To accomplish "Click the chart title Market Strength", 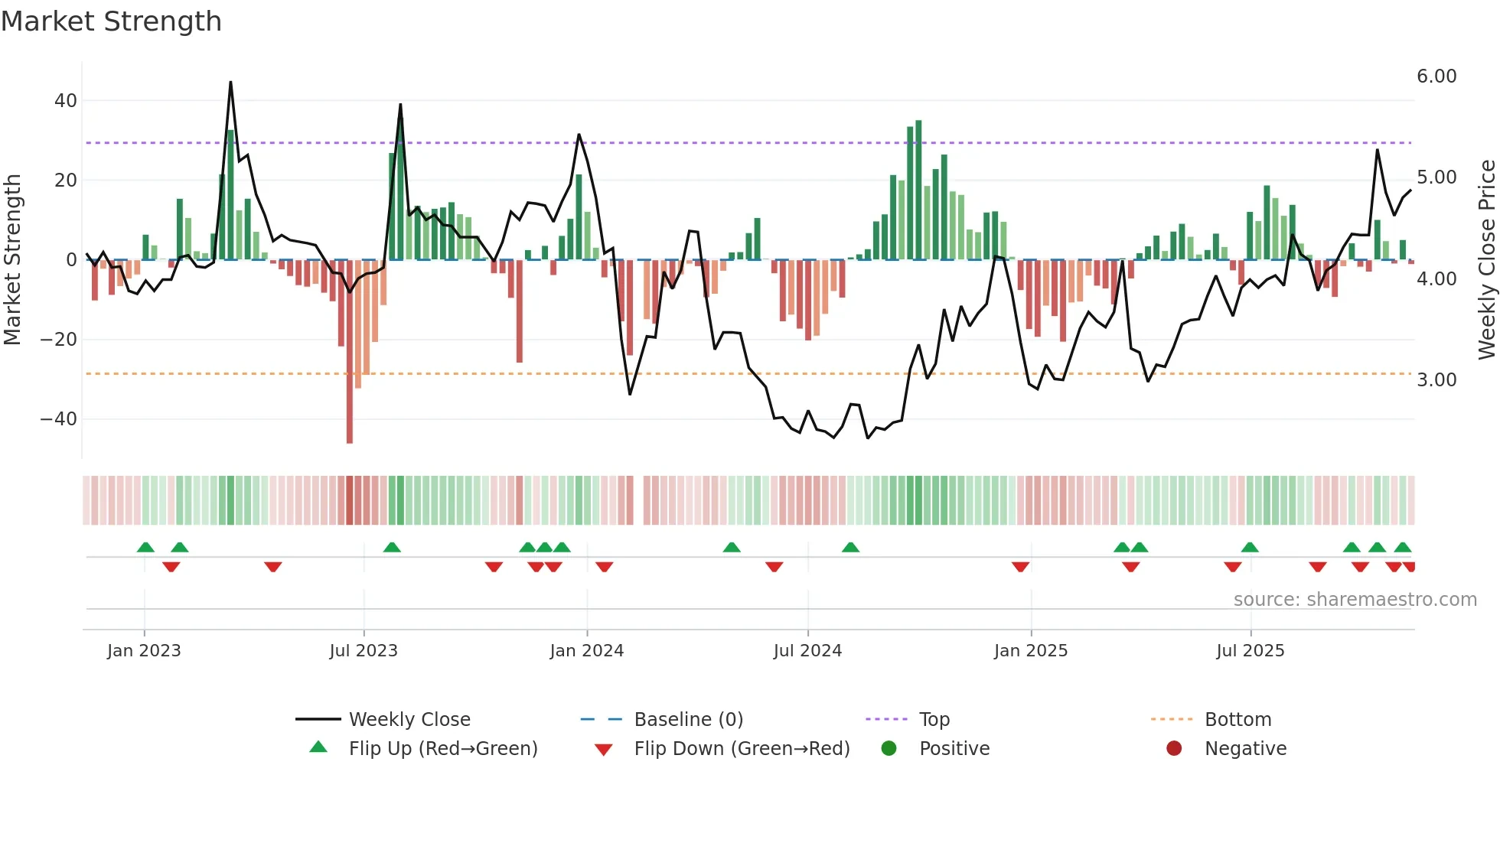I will (x=111, y=21).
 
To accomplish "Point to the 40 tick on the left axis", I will (x=66, y=101).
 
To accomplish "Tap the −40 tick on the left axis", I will (x=59, y=419).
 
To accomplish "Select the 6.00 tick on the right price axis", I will (x=1436, y=76).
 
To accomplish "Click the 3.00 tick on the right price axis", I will (x=1436, y=380).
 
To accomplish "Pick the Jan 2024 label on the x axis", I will (x=587, y=651).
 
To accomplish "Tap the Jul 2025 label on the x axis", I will (x=1251, y=651).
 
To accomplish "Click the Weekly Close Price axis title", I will (x=1486, y=260).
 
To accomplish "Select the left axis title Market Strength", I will (x=12, y=260).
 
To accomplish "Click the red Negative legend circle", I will (x=1174, y=749).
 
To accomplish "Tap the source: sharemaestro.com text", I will (x=1355, y=600).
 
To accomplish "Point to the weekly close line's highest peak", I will (x=230, y=83).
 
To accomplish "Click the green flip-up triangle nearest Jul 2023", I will (x=392, y=547).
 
